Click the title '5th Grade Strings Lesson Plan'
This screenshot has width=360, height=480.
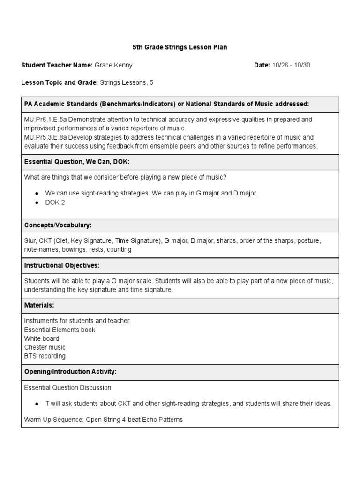click(x=180, y=48)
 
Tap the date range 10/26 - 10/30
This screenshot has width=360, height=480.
click(x=291, y=65)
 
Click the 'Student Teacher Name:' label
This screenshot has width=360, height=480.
click(x=57, y=65)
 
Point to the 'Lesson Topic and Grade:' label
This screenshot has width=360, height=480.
click(x=60, y=82)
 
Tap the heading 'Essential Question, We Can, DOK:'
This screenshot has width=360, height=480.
click(x=76, y=162)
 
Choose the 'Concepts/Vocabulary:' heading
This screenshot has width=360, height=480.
click(x=58, y=225)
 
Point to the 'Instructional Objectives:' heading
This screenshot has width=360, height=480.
click(x=61, y=265)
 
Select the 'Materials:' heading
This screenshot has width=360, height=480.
click(x=39, y=305)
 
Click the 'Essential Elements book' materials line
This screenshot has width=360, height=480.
click(x=60, y=330)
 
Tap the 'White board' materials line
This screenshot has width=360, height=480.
click(x=41, y=338)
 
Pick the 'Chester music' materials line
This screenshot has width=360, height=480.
click(x=45, y=347)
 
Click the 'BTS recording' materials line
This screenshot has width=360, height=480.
click(x=45, y=356)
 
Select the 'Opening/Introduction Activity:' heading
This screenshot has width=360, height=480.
click(x=70, y=372)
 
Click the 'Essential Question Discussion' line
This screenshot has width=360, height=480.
click(x=67, y=388)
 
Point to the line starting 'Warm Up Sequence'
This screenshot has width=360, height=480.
click(x=103, y=420)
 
